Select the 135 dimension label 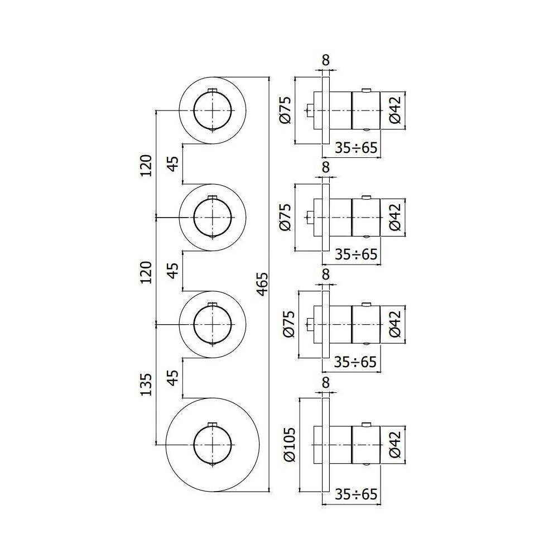[146, 385]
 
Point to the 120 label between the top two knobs [146, 165]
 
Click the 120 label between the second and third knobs [146, 272]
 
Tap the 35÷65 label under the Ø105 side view [356, 494]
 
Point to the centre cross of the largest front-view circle [212, 445]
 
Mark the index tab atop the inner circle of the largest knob [212, 424]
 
